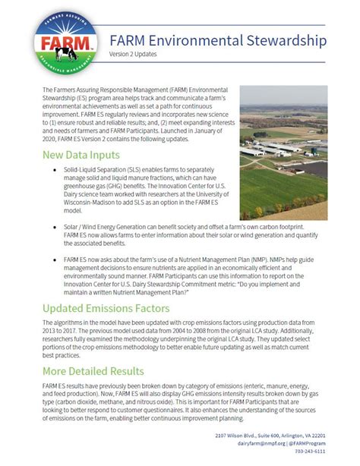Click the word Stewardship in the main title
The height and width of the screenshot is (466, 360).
pyautogui.click(x=284, y=39)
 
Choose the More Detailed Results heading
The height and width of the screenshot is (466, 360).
pyautogui.click(x=93, y=371)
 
